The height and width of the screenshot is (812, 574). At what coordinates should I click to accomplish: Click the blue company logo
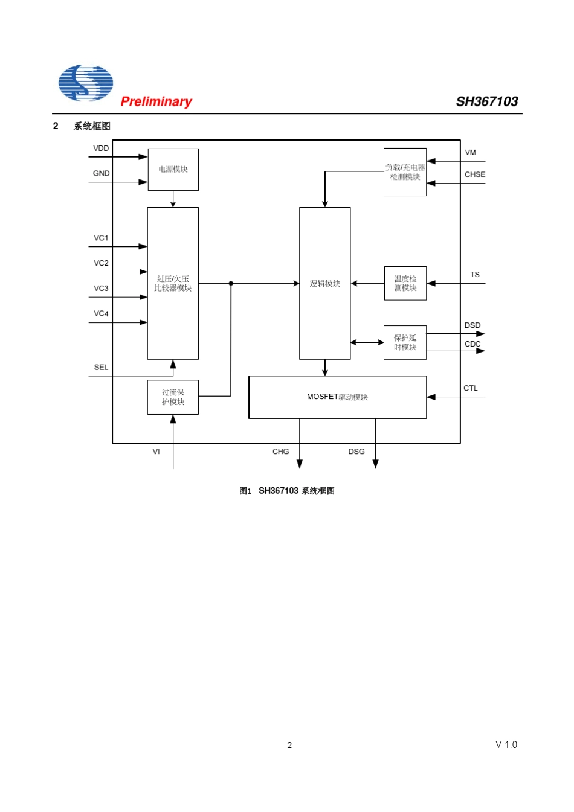(x=86, y=83)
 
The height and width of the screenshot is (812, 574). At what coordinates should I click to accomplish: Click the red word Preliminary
(x=156, y=101)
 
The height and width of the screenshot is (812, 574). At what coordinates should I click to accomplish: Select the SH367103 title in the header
(x=486, y=101)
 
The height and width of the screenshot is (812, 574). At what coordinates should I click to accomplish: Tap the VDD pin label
(x=101, y=149)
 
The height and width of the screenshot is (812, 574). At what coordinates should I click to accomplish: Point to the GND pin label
(x=101, y=174)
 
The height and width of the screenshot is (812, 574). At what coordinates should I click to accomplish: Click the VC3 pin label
(x=101, y=289)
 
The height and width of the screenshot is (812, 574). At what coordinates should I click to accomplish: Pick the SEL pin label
(x=101, y=368)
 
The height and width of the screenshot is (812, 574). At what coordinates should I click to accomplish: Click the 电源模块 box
(x=173, y=170)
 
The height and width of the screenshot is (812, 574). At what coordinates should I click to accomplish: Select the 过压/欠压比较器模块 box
(x=173, y=283)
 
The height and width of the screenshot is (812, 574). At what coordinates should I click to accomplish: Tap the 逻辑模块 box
(x=324, y=283)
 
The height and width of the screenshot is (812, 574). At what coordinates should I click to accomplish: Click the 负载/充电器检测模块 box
(x=405, y=172)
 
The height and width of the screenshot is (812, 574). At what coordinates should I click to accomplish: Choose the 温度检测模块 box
(x=405, y=283)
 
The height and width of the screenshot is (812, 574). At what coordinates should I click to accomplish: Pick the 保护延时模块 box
(x=405, y=342)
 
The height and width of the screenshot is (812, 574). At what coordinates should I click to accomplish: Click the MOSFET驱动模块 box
(x=337, y=397)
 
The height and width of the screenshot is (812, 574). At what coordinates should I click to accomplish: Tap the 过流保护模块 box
(x=173, y=397)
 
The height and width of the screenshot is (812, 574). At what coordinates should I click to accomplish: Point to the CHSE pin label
(x=474, y=175)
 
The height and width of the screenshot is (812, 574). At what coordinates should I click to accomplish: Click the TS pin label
(x=474, y=275)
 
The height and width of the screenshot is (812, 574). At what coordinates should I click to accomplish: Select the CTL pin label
(x=470, y=389)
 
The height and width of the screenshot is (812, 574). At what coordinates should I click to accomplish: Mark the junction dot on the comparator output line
(x=231, y=283)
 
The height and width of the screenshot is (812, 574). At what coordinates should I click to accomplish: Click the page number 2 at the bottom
(x=289, y=745)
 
